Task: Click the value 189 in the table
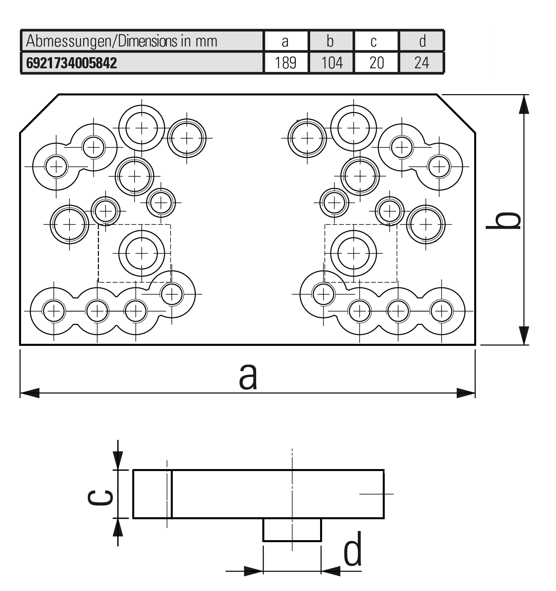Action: click(x=286, y=63)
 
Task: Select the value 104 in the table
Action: click(x=331, y=63)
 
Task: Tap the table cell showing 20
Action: click(x=376, y=63)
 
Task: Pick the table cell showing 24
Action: click(x=421, y=63)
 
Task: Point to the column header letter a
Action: click(x=285, y=41)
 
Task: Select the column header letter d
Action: click(x=422, y=41)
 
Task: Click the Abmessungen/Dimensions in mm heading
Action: click(x=122, y=41)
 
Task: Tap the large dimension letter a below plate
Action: click(x=248, y=377)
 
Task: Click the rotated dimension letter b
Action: click(x=503, y=220)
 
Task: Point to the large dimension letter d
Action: click(x=353, y=549)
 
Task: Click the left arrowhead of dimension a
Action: click(x=29, y=393)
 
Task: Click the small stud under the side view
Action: click(x=292, y=529)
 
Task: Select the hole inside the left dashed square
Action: click(x=142, y=253)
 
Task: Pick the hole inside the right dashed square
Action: click(x=353, y=253)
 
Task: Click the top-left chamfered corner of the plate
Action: click(x=39, y=114)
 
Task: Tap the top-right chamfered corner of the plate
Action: click(x=456, y=114)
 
